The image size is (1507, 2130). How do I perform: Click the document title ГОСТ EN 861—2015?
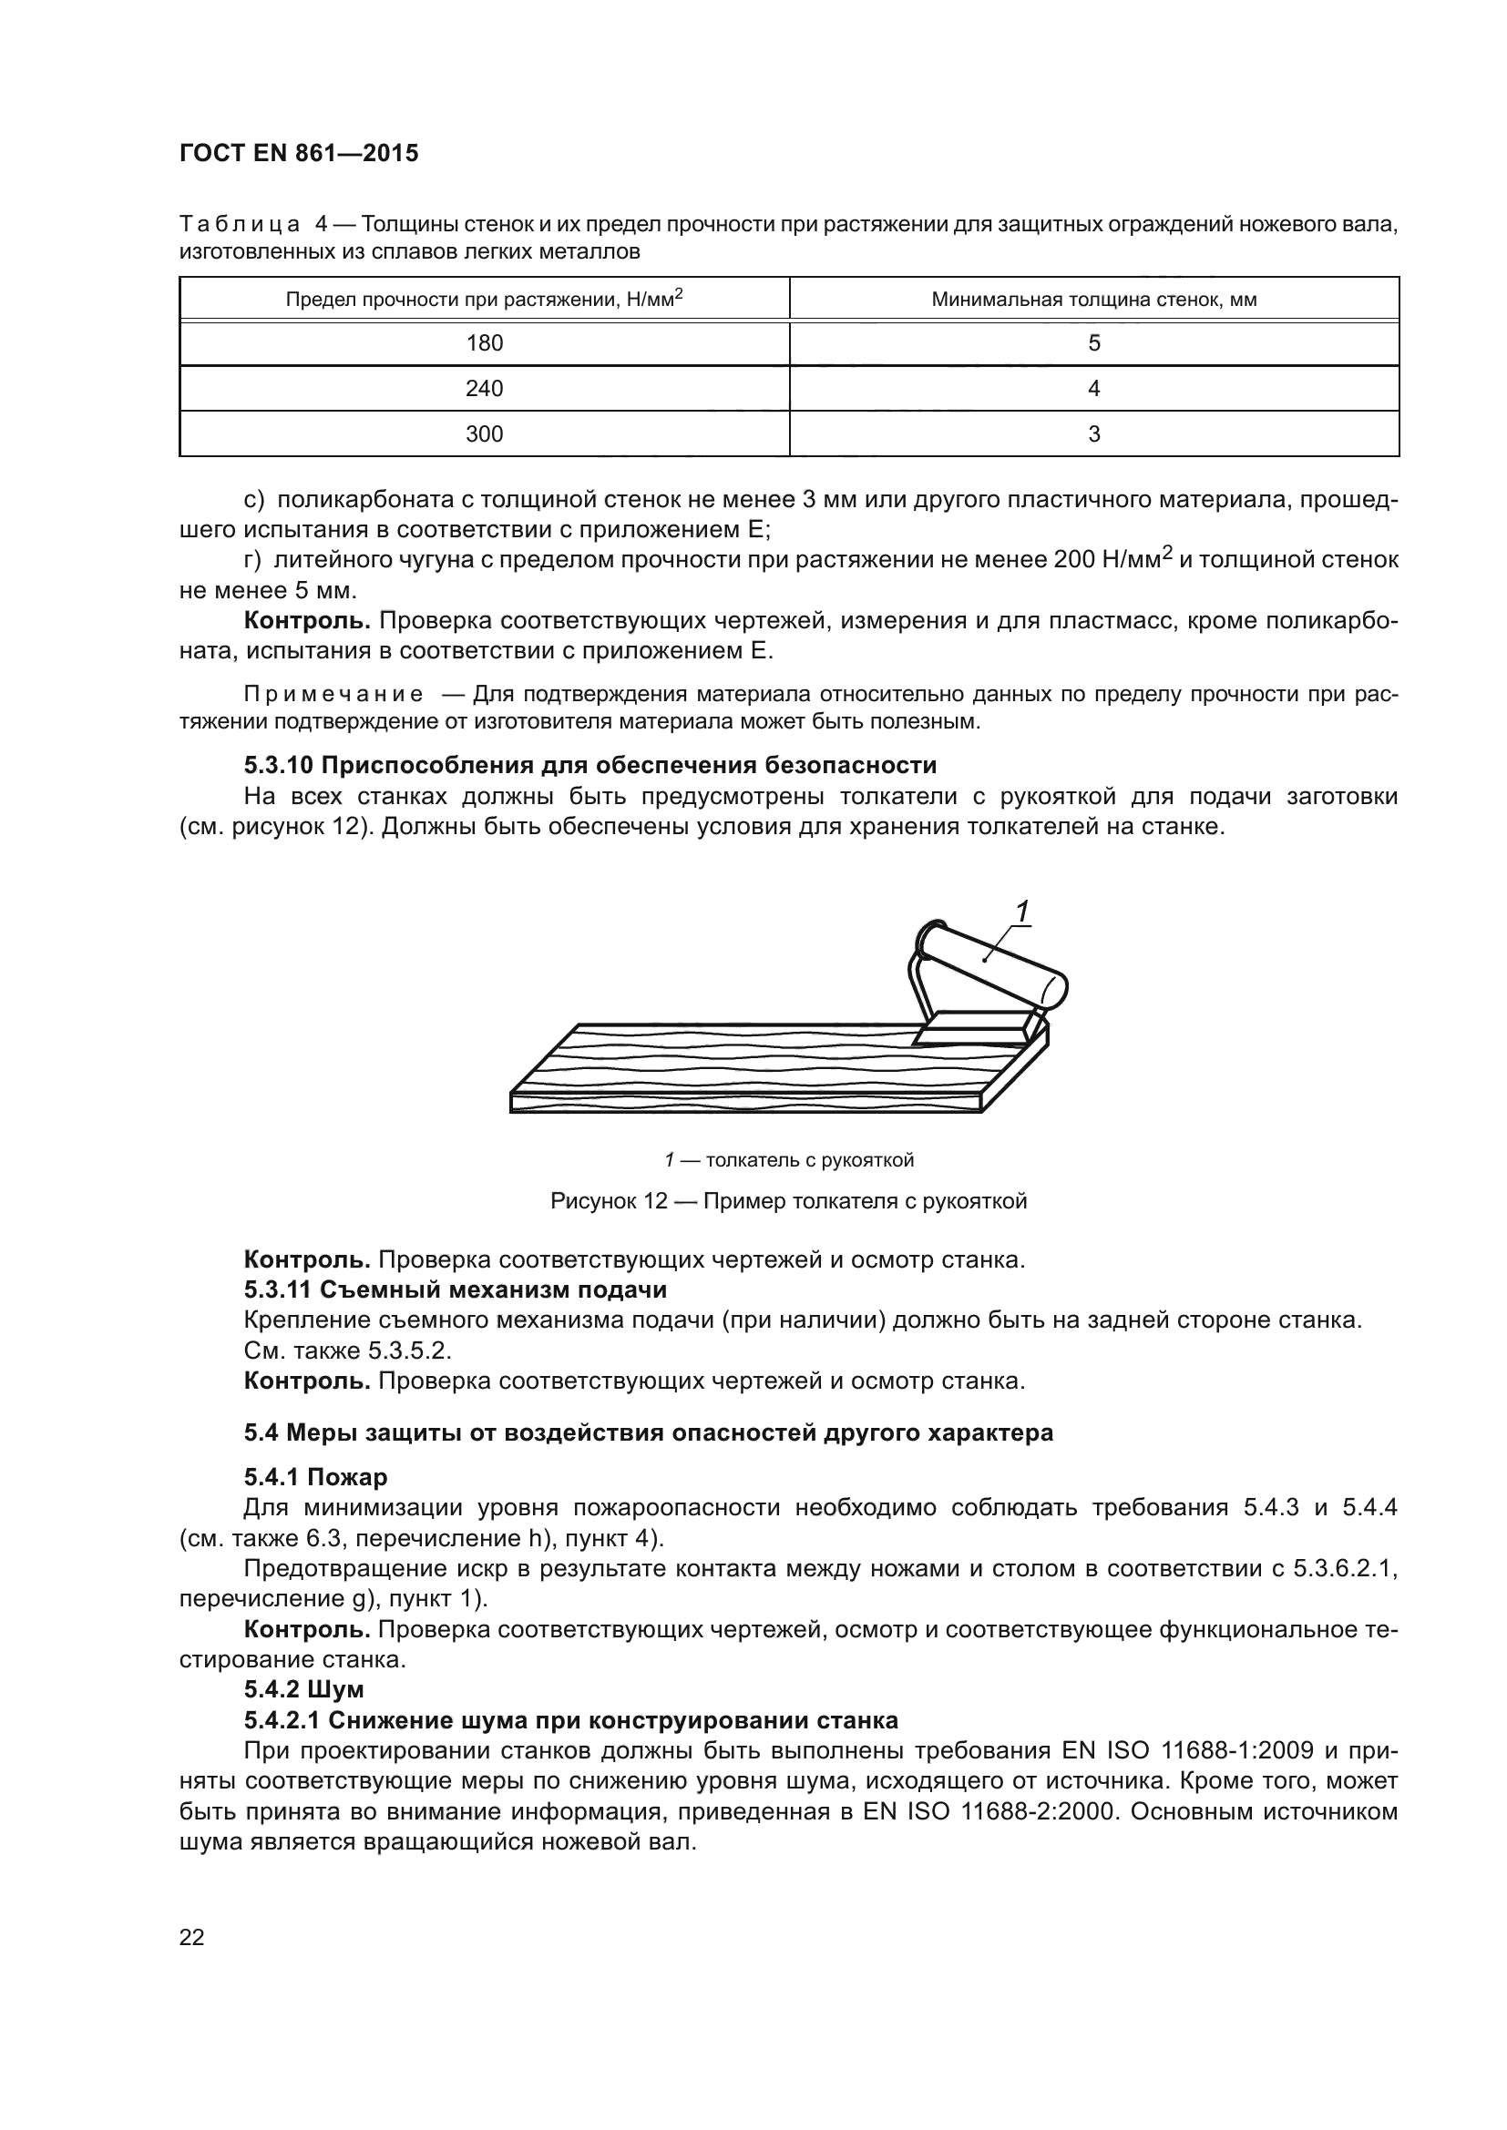point(298,153)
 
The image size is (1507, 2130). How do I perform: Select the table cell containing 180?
point(484,343)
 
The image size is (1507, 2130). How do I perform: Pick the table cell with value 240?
point(484,388)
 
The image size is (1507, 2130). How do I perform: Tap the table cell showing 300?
point(484,433)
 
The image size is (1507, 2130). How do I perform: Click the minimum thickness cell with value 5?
point(1093,343)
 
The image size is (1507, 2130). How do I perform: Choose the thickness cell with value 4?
point(1093,388)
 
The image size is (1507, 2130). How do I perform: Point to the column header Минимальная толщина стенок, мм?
point(1093,299)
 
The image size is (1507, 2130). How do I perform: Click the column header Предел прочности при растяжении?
point(484,299)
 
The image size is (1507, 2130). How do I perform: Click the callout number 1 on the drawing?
point(1020,912)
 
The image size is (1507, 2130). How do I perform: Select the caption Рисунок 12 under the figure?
point(788,1201)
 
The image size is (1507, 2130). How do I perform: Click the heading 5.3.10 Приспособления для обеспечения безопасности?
point(590,765)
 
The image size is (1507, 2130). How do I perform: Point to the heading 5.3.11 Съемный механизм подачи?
point(455,1289)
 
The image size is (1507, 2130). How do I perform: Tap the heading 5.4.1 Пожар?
point(315,1476)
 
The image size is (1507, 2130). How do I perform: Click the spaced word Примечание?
point(333,694)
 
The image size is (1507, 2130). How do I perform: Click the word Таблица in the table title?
point(239,225)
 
